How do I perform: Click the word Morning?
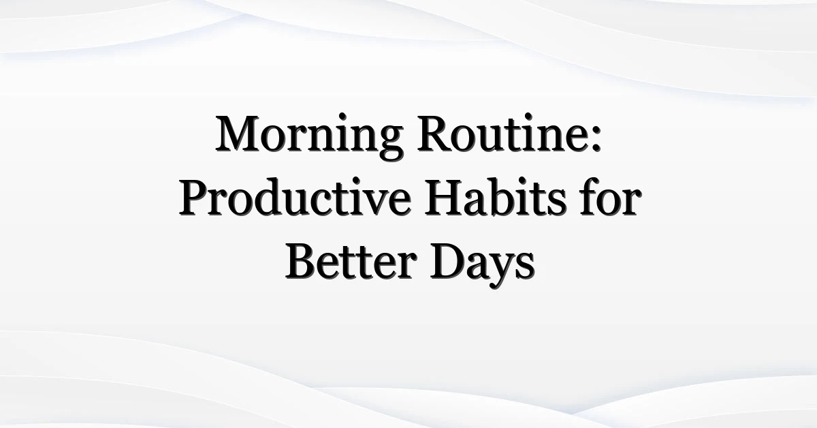pyautogui.click(x=310, y=136)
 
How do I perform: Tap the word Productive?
pyautogui.click(x=295, y=198)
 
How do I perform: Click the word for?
pyautogui.click(x=611, y=197)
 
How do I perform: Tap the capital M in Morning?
pyautogui.click(x=238, y=133)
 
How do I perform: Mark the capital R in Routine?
pyautogui.click(x=436, y=133)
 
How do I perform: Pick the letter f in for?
pyautogui.click(x=590, y=197)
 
